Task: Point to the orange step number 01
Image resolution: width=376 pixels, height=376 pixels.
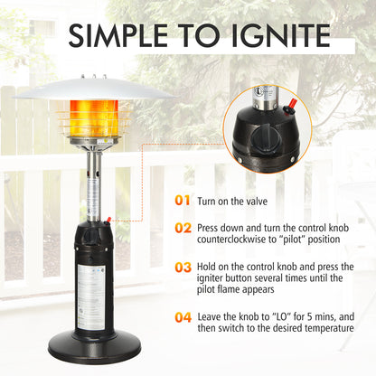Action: point(183,200)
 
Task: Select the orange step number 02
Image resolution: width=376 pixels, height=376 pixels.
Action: point(183,228)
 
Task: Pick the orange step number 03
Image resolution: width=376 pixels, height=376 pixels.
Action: point(183,268)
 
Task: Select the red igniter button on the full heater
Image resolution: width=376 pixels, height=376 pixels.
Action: point(108,219)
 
